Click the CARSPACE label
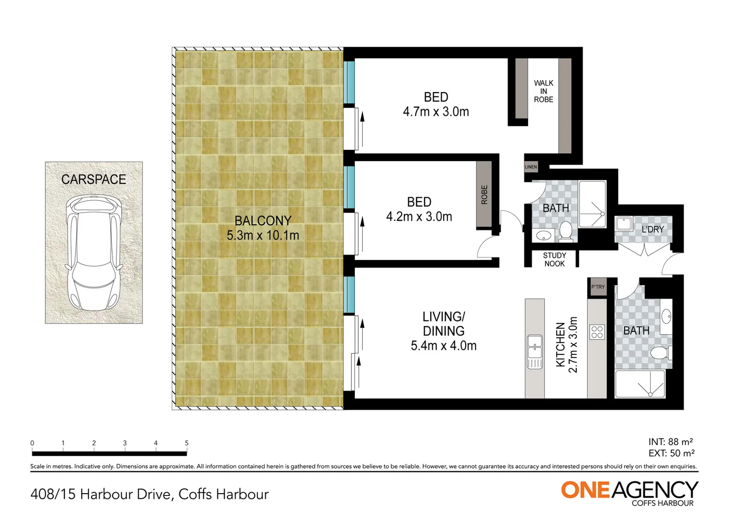94,179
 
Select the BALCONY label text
263,221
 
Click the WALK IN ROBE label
543,92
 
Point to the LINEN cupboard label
531,167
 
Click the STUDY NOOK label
554,259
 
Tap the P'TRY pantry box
598,287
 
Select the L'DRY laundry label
653,229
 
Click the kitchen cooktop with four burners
597,332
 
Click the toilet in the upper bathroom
566,231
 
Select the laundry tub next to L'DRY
624,224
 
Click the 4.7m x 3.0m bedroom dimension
436,112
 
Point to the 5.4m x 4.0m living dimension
444,346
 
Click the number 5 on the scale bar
187,443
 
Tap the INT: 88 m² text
670,442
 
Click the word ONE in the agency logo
585,490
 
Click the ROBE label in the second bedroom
484,195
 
